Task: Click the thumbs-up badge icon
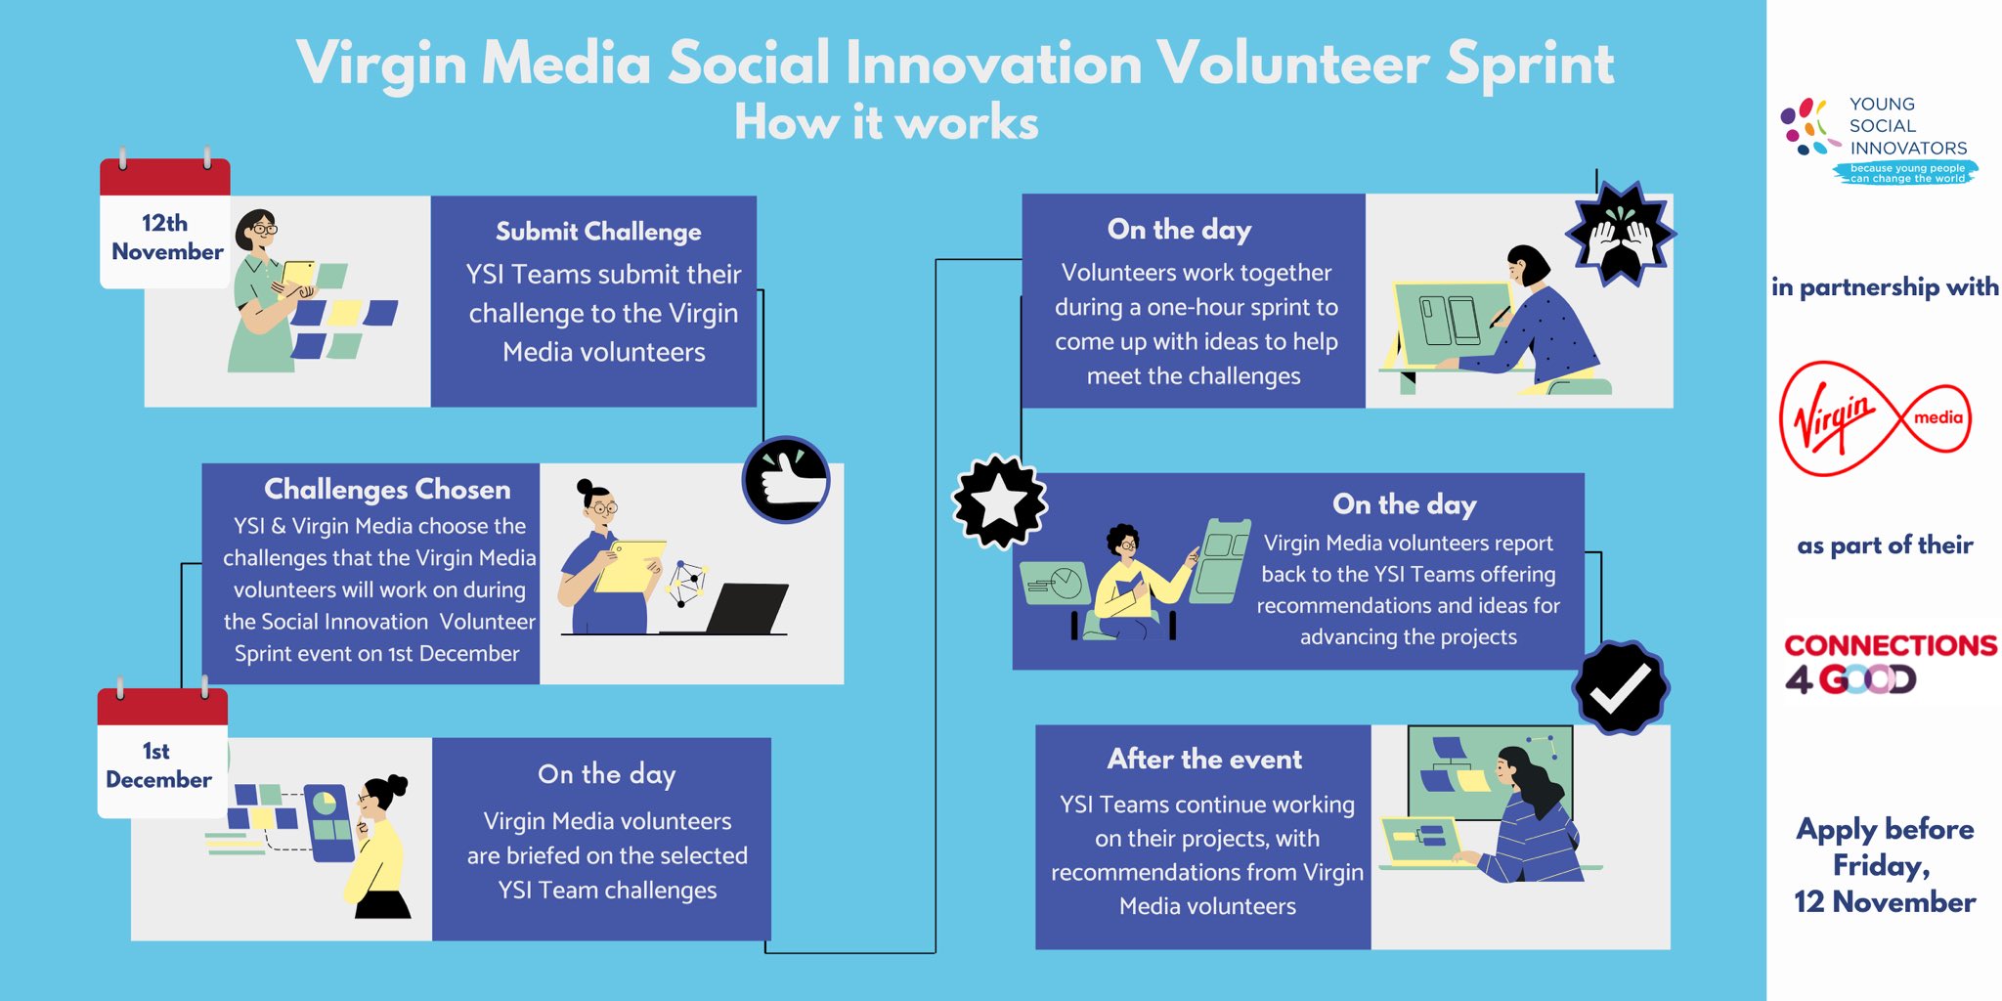click(x=786, y=479)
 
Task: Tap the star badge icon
click(x=1000, y=501)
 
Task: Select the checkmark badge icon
click(x=1621, y=688)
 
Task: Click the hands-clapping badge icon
click(x=1621, y=234)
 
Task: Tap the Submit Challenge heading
click(x=598, y=232)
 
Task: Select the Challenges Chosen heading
click(x=387, y=489)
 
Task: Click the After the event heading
click(x=1204, y=759)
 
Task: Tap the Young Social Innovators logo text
click(x=1907, y=126)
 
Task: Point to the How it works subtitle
click(x=887, y=123)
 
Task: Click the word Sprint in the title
click(x=1530, y=65)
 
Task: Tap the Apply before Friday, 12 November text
click(x=1885, y=865)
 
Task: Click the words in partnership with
click(x=1885, y=286)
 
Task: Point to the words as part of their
click(x=1885, y=544)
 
